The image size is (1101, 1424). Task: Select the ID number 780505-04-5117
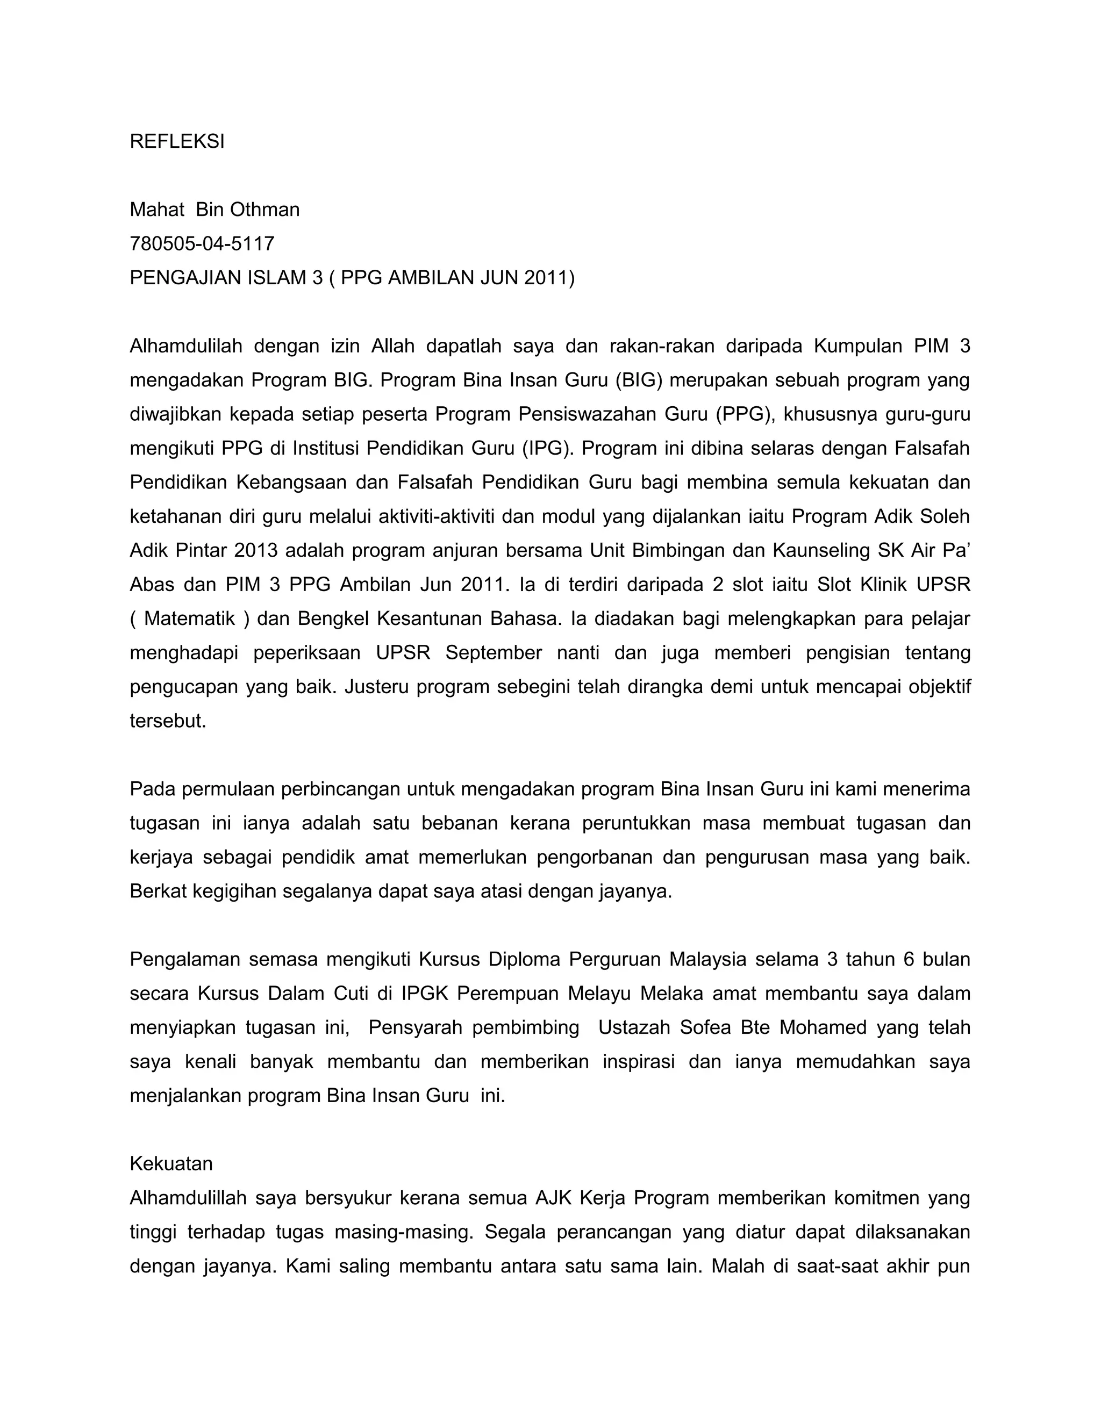[x=202, y=244]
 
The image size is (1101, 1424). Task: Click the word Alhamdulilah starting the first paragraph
[x=185, y=346]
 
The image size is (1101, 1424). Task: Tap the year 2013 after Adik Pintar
[x=256, y=551]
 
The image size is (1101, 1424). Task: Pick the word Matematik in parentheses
[x=189, y=618]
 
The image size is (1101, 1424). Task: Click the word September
[x=493, y=653]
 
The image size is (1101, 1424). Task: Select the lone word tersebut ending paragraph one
[x=168, y=721]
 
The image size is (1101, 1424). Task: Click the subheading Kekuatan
[x=171, y=1164]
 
